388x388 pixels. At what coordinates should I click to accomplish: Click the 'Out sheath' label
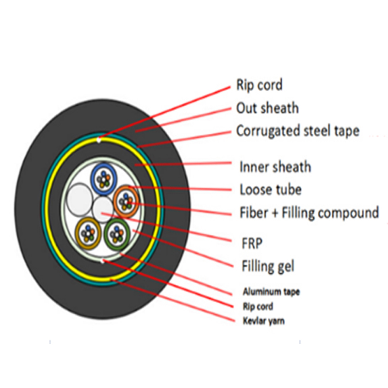[268, 108]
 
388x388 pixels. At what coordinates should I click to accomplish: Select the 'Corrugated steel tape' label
[298, 131]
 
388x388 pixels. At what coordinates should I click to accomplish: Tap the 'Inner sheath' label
[275, 167]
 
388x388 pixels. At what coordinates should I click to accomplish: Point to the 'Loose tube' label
[271, 190]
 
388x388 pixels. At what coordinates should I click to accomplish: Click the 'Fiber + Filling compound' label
[309, 212]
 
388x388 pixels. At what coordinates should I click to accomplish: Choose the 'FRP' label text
[252, 243]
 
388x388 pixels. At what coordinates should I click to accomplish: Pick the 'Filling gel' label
[268, 266]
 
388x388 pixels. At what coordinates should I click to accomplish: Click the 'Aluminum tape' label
[271, 292]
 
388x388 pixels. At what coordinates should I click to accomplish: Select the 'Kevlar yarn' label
[264, 321]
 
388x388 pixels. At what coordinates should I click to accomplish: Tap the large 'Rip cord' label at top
[259, 85]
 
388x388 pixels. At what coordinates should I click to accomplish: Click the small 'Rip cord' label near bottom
[258, 307]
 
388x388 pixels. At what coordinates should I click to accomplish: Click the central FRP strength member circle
[102, 210]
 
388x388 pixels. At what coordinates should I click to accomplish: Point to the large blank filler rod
[79, 199]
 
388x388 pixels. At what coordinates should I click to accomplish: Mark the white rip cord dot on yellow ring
[99, 140]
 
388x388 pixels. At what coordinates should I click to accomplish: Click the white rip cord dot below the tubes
[103, 261]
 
